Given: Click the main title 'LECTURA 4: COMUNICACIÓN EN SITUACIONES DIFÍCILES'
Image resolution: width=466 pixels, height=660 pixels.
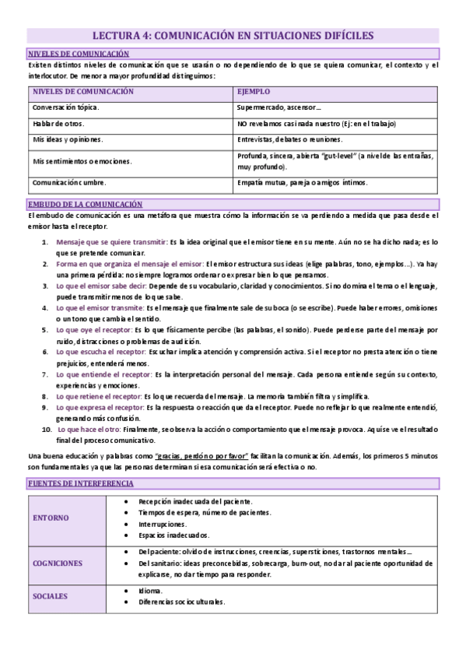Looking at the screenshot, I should [233, 35].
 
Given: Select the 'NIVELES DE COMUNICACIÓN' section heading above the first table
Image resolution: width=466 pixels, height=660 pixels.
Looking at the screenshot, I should [78, 53].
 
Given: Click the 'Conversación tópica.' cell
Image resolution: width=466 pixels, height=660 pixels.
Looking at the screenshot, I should [65, 107].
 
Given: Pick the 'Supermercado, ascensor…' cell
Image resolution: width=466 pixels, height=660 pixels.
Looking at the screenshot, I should [279, 107].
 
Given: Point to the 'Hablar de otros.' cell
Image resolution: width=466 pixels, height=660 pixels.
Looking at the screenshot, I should [58, 123].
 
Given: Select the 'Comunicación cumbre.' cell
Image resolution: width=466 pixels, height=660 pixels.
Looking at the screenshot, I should [67, 183].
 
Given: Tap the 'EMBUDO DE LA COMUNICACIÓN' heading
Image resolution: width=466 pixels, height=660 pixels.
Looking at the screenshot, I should [85, 203].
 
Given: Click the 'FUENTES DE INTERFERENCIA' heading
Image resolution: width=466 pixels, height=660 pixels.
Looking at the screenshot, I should [80, 483].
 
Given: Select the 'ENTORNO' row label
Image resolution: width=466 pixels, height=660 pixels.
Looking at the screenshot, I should [51, 518].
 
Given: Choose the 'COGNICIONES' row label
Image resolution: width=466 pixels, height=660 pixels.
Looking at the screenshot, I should [58, 562].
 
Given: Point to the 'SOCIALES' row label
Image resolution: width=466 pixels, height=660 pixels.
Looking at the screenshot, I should [51, 596].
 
